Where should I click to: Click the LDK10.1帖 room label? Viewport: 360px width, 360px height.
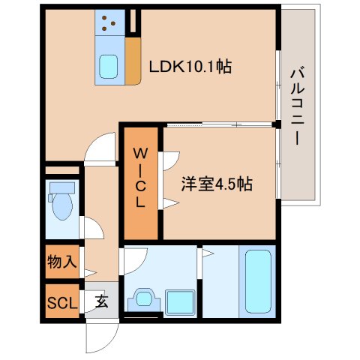(x=190, y=66)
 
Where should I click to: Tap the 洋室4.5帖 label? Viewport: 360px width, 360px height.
(x=216, y=183)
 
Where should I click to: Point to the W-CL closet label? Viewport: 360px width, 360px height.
(x=141, y=177)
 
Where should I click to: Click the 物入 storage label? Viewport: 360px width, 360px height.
(x=62, y=262)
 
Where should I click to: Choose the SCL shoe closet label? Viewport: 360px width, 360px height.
(x=62, y=303)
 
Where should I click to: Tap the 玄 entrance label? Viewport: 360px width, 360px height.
(x=100, y=303)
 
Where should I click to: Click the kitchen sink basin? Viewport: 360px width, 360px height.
(x=109, y=67)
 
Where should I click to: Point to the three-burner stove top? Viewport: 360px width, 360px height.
(x=109, y=23)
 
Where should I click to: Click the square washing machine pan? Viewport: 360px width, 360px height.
(x=180, y=301)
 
